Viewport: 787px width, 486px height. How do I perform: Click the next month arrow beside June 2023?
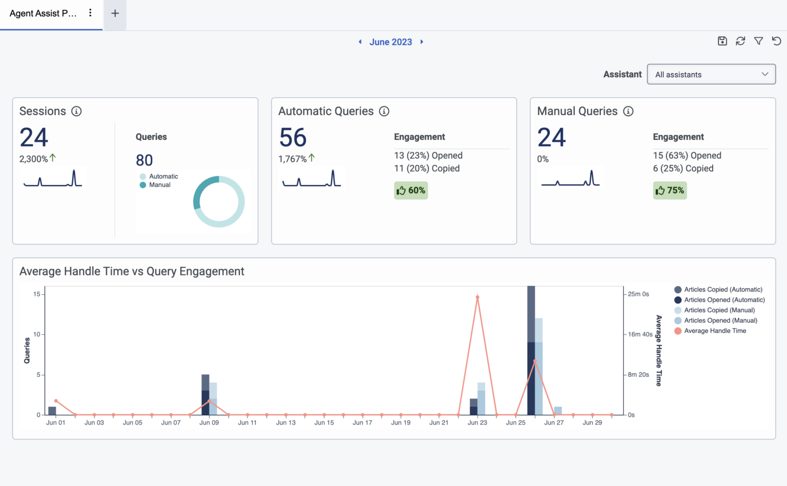point(422,42)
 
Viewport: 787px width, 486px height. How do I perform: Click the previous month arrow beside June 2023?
point(360,42)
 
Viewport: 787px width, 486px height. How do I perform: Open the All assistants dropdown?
point(711,74)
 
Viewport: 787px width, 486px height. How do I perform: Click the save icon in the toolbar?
point(722,41)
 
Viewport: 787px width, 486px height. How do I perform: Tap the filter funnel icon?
point(759,41)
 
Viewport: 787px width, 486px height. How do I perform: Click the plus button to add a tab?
point(115,13)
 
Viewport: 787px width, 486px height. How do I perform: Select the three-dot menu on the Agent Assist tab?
point(90,13)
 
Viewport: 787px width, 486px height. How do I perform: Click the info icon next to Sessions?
point(76,111)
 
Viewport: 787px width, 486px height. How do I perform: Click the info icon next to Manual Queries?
point(628,111)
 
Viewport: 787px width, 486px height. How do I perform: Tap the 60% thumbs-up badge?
point(411,191)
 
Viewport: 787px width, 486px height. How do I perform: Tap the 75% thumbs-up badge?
point(670,191)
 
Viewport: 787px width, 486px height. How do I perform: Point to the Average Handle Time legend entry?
point(715,331)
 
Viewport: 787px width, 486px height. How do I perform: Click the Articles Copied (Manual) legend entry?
point(719,310)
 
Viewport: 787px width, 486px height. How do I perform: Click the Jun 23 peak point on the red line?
point(478,297)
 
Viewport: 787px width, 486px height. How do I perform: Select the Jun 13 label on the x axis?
point(285,422)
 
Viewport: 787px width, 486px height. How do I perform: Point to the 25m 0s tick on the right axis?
point(638,294)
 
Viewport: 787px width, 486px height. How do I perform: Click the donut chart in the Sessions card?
point(219,202)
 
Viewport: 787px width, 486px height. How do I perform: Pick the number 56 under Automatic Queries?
point(293,138)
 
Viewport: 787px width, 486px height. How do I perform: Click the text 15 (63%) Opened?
point(687,156)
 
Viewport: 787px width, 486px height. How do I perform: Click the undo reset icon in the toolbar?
point(777,41)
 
